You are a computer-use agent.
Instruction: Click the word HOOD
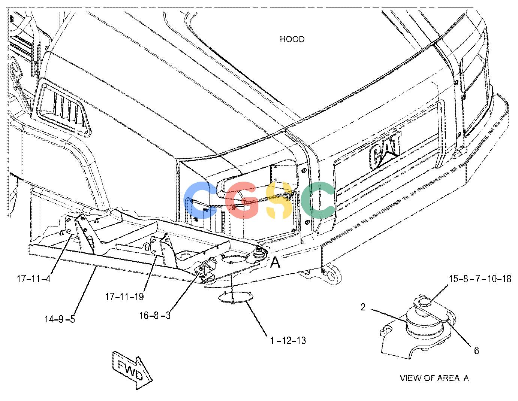[292, 39]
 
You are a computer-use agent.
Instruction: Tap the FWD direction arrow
[132, 370]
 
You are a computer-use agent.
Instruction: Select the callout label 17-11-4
[34, 278]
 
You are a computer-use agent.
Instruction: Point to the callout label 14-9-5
[60, 319]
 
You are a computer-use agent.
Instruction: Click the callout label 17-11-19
[125, 297]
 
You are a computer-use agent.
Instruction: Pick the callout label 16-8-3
[155, 315]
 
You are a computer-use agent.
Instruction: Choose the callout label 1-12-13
[288, 340]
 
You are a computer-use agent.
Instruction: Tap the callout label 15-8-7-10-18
[480, 278]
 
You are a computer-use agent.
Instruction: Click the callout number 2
[363, 307]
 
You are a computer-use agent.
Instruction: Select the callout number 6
[476, 350]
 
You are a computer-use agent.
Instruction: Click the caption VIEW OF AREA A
[434, 378]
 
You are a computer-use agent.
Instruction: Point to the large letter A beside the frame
[275, 262]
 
